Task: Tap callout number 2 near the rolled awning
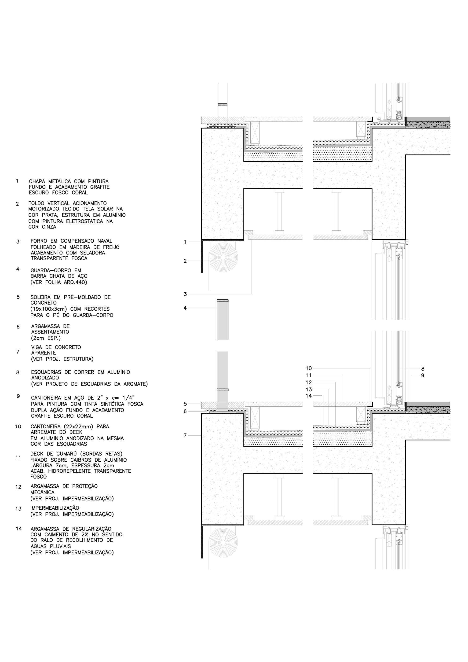[x=185, y=261]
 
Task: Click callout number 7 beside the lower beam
[x=185, y=435]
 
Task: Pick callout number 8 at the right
[x=423, y=369]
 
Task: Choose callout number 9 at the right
[x=423, y=375]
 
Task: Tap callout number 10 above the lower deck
[x=309, y=368]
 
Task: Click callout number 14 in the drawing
[x=309, y=396]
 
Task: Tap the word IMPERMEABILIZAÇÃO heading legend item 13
[x=55, y=508]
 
